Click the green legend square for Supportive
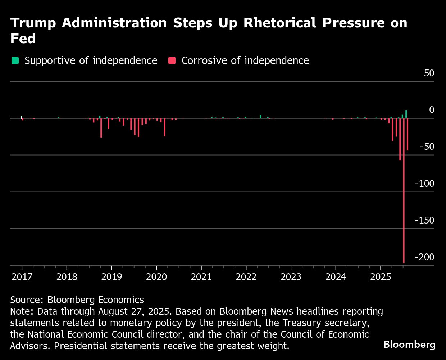pos(15,60)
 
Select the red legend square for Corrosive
pos(172,60)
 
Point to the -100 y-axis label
pos(424,184)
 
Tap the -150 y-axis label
pos(424,220)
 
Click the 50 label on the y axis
pos(429,73)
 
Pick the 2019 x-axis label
pos(111,277)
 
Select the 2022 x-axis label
pos(246,277)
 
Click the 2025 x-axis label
pos(380,277)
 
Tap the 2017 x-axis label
pos(22,277)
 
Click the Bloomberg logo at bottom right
pos(409,345)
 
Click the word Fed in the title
pos(23,39)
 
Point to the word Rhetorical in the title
pos(281,23)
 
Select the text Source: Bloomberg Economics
pos(77,300)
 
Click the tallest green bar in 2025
pos(406,114)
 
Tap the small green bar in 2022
pos(260,116)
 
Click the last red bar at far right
pos(408,134)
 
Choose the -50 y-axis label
pos(427,147)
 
